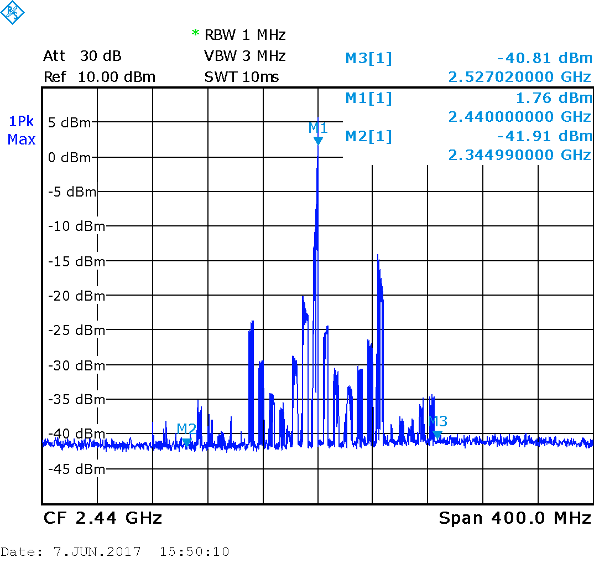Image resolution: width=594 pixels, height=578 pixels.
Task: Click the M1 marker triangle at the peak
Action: pyautogui.click(x=318, y=141)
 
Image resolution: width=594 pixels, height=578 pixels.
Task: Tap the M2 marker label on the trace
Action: pyautogui.click(x=186, y=428)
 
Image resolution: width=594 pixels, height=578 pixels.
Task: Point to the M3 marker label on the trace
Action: pyautogui.click(x=438, y=421)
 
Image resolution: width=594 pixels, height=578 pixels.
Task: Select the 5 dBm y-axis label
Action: pyautogui.click(x=69, y=122)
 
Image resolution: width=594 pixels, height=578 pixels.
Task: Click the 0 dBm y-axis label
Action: pyautogui.click(x=69, y=158)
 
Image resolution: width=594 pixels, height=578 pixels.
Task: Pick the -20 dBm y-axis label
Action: pyautogui.click(x=76, y=296)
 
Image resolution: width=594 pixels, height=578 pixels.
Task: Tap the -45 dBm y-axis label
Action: pyautogui.click(x=76, y=469)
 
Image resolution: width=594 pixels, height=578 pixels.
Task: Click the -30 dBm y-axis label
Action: pyautogui.click(x=76, y=365)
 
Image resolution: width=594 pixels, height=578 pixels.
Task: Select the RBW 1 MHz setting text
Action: pyautogui.click(x=245, y=35)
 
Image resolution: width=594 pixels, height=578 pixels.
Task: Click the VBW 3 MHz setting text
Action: pyautogui.click(x=245, y=56)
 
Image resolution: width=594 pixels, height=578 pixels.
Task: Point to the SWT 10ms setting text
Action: pyautogui.click(x=242, y=77)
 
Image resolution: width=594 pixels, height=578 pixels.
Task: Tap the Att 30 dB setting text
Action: pyautogui.click(x=82, y=56)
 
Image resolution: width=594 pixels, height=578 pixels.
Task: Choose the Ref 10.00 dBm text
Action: pyautogui.click(x=100, y=77)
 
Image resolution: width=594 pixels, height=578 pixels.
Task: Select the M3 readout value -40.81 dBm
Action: pyautogui.click(x=544, y=58)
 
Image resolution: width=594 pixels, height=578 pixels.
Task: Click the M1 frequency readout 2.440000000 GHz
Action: pyautogui.click(x=520, y=117)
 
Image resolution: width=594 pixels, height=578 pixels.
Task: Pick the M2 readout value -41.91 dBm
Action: pyautogui.click(x=544, y=136)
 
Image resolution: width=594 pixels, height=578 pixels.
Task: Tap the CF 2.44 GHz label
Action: pyautogui.click(x=103, y=518)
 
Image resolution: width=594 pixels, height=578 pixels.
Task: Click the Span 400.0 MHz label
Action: pyautogui.click(x=515, y=518)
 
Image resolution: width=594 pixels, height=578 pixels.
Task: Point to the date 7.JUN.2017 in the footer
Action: pyautogui.click(x=97, y=552)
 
